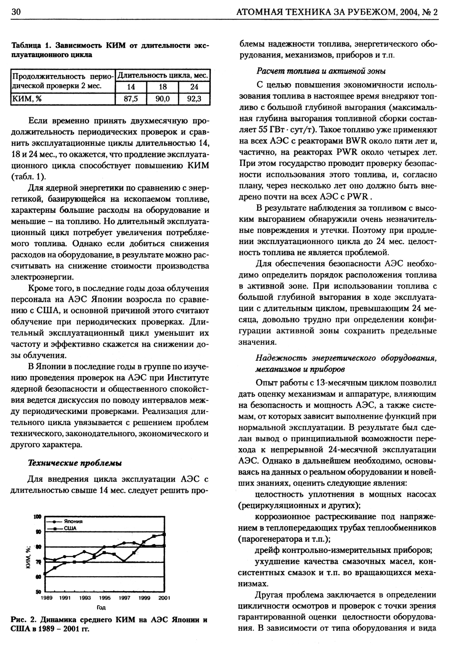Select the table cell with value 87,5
[131, 99]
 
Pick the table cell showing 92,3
[194, 99]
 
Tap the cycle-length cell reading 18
[163, 87]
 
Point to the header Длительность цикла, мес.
[163, 75]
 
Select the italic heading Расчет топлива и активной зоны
[321, 71]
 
